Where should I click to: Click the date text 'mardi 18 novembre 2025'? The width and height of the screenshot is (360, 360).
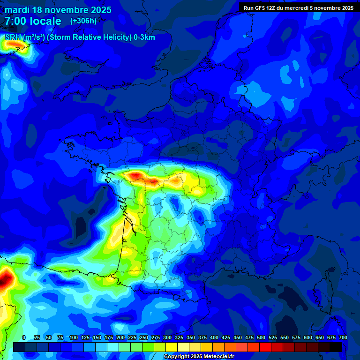click(58, 10)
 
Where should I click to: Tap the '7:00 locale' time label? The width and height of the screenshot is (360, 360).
click(33, 21)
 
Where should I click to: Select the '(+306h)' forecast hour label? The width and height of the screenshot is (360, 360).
click(83, 21)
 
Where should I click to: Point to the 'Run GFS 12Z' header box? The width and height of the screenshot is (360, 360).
click(298, 8)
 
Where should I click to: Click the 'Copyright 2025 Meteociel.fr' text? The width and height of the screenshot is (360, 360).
click(199, 356)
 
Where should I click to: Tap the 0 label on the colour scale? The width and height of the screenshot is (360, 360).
click(24, 337)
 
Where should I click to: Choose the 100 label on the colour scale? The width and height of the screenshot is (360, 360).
click(74, 337)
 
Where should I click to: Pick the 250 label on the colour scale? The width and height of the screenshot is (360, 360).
click(144, 337)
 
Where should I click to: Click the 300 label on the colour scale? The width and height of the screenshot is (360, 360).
click(167, 337)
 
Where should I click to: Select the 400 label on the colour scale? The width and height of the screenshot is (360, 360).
click(214, 337)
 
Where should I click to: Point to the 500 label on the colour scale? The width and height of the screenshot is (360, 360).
click(261, 337)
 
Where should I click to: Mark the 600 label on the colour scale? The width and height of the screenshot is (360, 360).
click(308, 337)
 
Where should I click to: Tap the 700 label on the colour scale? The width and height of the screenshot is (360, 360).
click(343, 337)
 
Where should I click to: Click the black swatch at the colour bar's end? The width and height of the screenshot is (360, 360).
click(336, 347)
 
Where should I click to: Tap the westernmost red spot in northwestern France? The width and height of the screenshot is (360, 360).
click(135, 176)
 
